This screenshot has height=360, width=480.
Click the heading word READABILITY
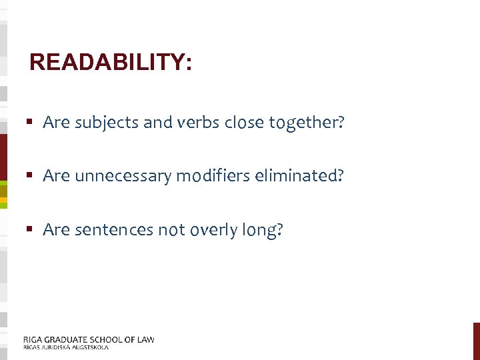[x=111, y=63]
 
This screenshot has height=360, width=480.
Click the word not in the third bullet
[x=171, y=230]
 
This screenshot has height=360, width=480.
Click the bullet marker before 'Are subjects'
[x=31, y=123]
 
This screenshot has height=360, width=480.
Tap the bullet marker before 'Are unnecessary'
[x=31, y=176]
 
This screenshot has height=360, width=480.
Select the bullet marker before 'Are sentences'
[x=31, y=230]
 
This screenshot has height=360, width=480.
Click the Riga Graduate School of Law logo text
[x=89, y=339]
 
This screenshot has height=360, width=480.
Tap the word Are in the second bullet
[x=57, y=176]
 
